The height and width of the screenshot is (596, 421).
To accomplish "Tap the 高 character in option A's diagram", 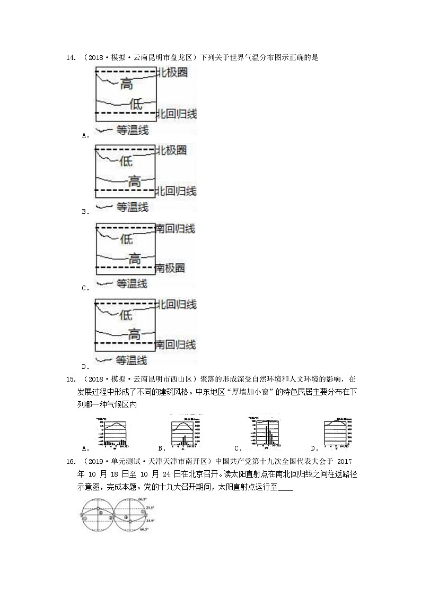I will pyautogui.click(x=126, y=84).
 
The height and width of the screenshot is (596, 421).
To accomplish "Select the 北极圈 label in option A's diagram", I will pyautogui.click(x=172, y=72).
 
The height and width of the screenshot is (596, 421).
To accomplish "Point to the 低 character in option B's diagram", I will pyautogui.click(x=126, y=160).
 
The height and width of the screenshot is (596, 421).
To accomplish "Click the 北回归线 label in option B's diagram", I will pyautogui.click(x=176, y=191).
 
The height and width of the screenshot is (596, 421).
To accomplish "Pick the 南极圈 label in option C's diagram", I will pyautogui.click(x=170, y=267).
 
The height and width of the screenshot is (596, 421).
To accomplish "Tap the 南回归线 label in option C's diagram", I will pyautogui.click(x=176, y=229).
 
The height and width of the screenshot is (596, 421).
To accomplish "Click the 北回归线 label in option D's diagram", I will pyautogui.click(x=176, y=305).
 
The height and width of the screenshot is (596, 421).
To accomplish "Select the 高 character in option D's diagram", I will pyautogui.click(x=135, y=334).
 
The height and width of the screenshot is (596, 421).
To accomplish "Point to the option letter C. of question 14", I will pyautogui.click(x=85, y=288).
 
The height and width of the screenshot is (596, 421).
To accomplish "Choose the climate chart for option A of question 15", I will pyautogui.click(x=112, y=432).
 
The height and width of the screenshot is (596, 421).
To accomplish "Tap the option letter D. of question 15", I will pyautogui.click(x=314, y=448).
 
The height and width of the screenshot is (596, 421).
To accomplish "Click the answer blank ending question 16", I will pyautogui.click(x=285, y=487).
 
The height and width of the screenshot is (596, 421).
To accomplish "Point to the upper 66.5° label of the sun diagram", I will pyautogui.click(x=142, y=499).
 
